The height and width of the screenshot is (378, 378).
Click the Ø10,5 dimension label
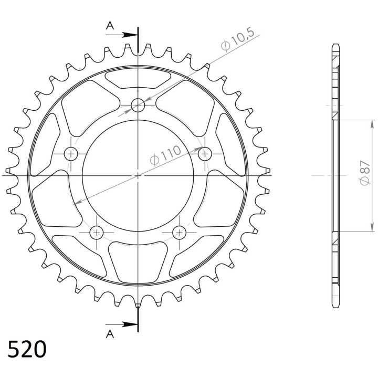point(238,39)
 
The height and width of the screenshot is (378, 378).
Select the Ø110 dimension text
point(165,155)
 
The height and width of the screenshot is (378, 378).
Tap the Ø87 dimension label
point(365,173)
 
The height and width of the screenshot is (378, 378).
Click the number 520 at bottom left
point(27,349)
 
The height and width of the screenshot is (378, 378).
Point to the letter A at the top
point(110,25)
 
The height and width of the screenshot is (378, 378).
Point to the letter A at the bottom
point(110,334)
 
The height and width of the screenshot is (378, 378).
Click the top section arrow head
point(129,35)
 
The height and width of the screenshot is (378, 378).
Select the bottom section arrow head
point(129,324)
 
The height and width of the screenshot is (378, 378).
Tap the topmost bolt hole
point(138,106)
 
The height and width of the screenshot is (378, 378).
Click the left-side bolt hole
point(71,153)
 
